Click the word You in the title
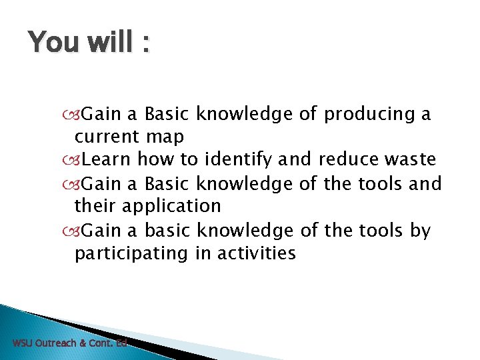coord(51,43)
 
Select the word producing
coord(368,115)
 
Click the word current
coord(107,137)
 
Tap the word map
coord(164,137)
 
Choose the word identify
coord(248,160)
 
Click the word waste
coord(412,160)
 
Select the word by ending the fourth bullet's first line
coord(421,231)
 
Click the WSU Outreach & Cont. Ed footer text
coord(69,343)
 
